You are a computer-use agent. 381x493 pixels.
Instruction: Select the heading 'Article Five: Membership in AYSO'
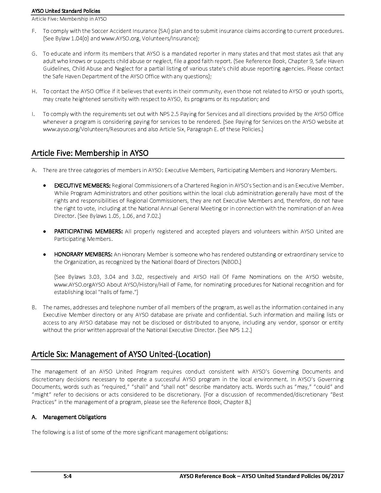(90, 153)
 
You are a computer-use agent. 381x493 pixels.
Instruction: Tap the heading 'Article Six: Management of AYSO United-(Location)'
(121, 354)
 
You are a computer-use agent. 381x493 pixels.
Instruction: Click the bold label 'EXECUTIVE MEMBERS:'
(82, 186)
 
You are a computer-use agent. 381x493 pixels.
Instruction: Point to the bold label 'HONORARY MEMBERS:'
(83, 254)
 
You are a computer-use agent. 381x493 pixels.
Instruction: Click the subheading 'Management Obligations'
(74, 417)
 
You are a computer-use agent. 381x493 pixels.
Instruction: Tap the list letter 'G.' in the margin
(34, 54)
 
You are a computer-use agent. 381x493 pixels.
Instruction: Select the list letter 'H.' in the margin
(34, 91)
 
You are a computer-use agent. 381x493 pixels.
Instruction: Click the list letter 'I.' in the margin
(33, 114)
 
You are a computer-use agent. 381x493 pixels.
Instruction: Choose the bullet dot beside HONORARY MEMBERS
(45, 255)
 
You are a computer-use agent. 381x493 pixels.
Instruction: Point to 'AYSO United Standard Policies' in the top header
(66, 11)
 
